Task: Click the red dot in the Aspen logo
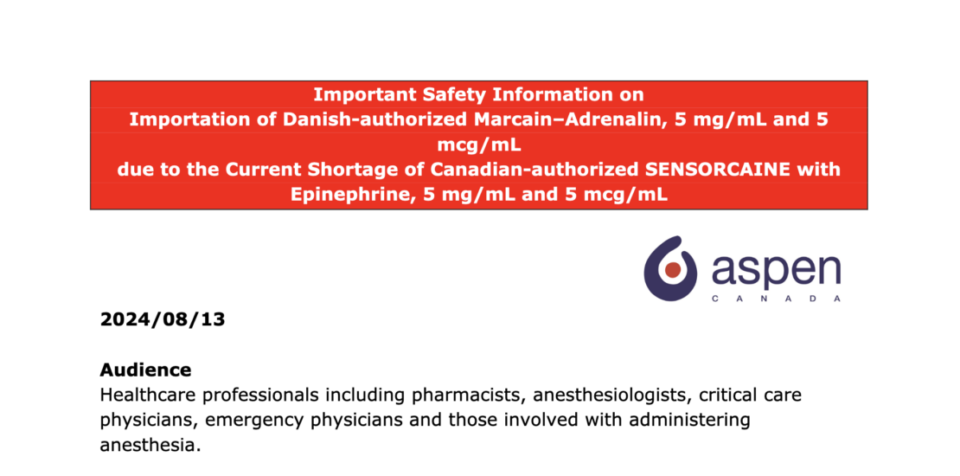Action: tap(672, 270)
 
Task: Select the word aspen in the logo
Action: tap(775, 270)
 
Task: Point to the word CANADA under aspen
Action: tap(775, 299)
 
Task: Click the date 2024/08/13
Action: tap(163, 319)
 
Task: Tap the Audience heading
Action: tap(145, 370)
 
